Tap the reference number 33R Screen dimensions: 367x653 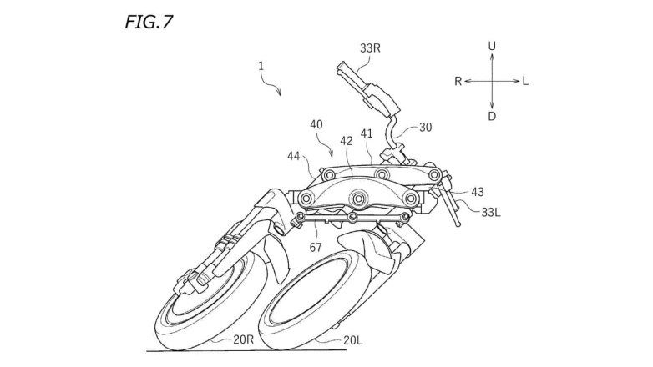372,48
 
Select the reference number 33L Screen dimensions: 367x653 493,212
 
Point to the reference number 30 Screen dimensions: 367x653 426,128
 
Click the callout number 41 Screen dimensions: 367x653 367,133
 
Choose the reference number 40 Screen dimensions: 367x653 316,123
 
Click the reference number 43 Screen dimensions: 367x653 477,192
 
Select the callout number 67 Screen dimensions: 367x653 316,248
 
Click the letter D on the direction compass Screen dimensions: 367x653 492,116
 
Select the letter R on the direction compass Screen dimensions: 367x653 458,81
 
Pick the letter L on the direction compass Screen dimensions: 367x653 525,81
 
